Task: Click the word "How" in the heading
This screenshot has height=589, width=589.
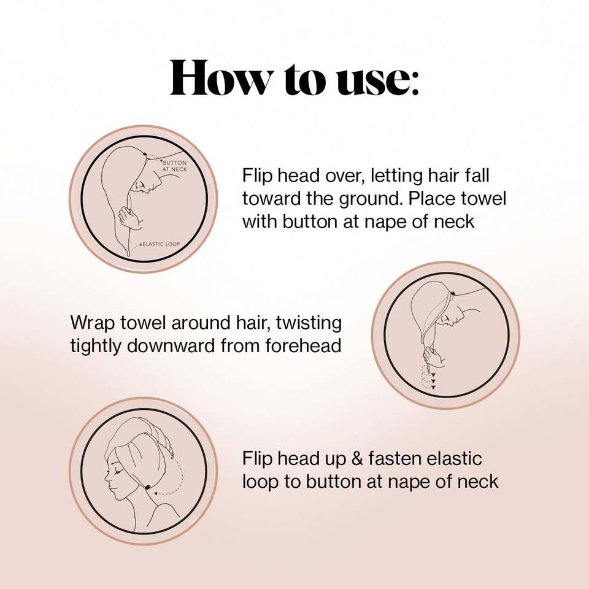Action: tap(220, 78)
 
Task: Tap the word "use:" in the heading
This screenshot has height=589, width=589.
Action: tap(377, 80)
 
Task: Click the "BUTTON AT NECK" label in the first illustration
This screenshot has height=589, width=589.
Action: tap(174, 166)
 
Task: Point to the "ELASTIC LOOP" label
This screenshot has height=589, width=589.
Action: tap(161, 244)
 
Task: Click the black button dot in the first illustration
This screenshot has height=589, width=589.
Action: tap(145, 153)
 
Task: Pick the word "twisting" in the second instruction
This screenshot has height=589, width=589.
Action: tap(309, 324)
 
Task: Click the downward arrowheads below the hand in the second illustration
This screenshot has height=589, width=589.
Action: tap(433, 381)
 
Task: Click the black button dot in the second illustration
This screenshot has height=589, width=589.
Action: tap(453, 294)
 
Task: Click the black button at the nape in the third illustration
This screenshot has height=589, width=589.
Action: tap(148, 487)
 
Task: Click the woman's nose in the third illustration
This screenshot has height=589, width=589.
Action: tap(107, 480)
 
